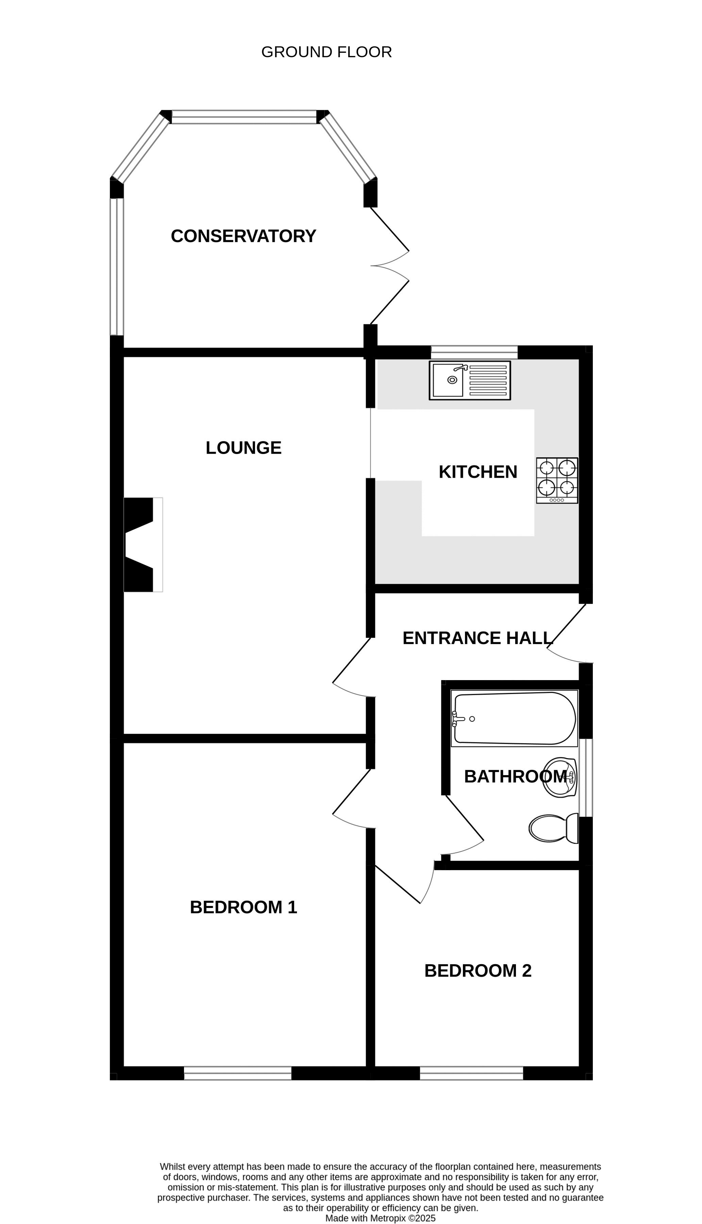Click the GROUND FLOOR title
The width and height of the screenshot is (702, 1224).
tap(327, 52)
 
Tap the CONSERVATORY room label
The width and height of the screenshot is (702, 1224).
tap(244, 236)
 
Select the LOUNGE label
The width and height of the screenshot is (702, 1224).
tap(244, 448)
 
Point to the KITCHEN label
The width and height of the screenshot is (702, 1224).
tap(478, 472)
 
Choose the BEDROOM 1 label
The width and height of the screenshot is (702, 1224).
tap(244, 907)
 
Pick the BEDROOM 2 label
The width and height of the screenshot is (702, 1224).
tap(478, 971)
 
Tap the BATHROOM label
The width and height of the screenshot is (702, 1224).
tap(515, 776)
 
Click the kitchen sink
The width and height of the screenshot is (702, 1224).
tap(470, 380)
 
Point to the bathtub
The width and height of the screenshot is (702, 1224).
tap(514, 718)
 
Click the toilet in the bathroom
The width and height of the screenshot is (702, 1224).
tap(553, 828)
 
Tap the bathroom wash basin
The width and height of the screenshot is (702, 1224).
tap(560, 777)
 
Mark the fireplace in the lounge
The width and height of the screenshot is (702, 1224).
tap(143, 545)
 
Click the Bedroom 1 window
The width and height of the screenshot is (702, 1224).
tap(238, 1073)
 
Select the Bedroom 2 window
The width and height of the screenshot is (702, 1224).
tap(471, 1073)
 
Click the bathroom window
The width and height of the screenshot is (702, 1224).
tap(586, 778)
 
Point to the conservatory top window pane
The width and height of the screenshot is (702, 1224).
tap(244, 117)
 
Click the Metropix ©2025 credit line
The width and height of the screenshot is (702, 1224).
tap(380, 1218)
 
